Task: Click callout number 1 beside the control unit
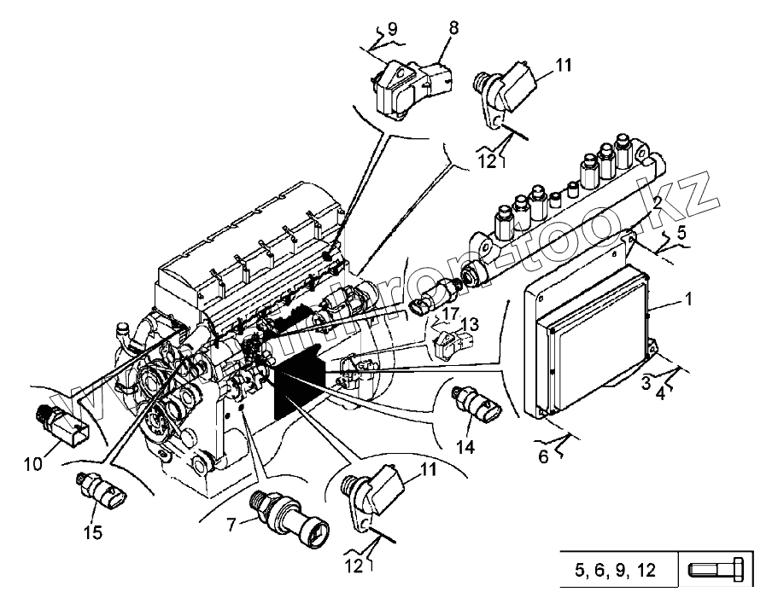687,300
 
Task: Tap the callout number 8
453,28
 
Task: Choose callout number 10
32,464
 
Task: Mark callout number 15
92,532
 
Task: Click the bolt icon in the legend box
716,570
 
